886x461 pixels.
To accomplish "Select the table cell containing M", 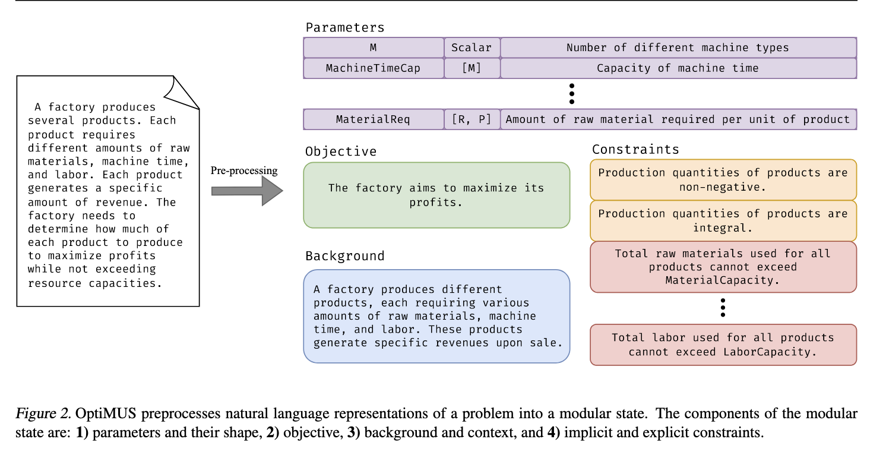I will pyautogui.click(x=374, y=48).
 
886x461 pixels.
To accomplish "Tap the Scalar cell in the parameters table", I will pyautogui.click(x=472, y=48).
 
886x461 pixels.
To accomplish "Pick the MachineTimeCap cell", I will pyautogui.click(x=374, y=68).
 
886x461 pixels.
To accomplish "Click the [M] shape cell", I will pyautogui.click(x=472, y=68).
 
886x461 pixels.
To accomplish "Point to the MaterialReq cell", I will pyautogui.click(x=374, y=119).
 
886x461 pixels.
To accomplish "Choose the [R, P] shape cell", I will pyautogui.click(x=472, y=119).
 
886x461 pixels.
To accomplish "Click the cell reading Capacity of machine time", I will pyautogui.click(x=678, y=68).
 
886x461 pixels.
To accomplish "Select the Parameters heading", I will pyautogui.click(x=345, y=27).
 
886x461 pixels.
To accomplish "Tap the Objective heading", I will pyautogui.click(x=341, y=151).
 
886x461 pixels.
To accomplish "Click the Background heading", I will pyautogui.click(x=345, y=256).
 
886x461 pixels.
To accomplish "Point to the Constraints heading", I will pyautogui.click(x=635, y=149).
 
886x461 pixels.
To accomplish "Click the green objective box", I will pyautogui.click(x=436, y=195).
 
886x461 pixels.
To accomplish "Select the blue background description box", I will pyautogui.click(x=436, y=316).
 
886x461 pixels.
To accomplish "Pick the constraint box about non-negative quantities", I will pyautogui.click(x=723, y=179).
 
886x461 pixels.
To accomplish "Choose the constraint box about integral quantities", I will pyautogui.click(x=723, y=220).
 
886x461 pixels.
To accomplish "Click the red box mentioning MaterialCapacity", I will pyautogui.click(x=723, y=267).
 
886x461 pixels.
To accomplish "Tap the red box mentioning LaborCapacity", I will pyautogui.click(x=723, y=345).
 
